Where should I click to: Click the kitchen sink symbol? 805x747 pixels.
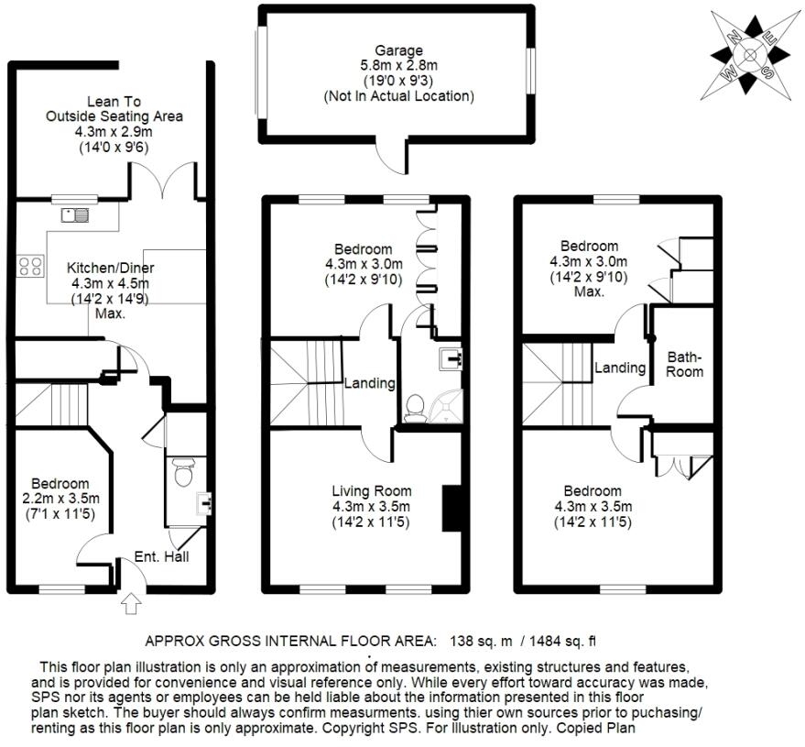point(74,215)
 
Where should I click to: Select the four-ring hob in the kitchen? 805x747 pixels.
point(30,267)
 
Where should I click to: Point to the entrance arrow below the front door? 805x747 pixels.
point(131,603)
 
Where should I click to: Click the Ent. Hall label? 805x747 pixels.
point(161,556)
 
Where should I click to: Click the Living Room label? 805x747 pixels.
point(371,490)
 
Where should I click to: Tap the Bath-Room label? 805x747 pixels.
point(684,363)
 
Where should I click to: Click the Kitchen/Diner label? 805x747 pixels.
point(111,268)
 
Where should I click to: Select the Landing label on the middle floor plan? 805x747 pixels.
point(369,383)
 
